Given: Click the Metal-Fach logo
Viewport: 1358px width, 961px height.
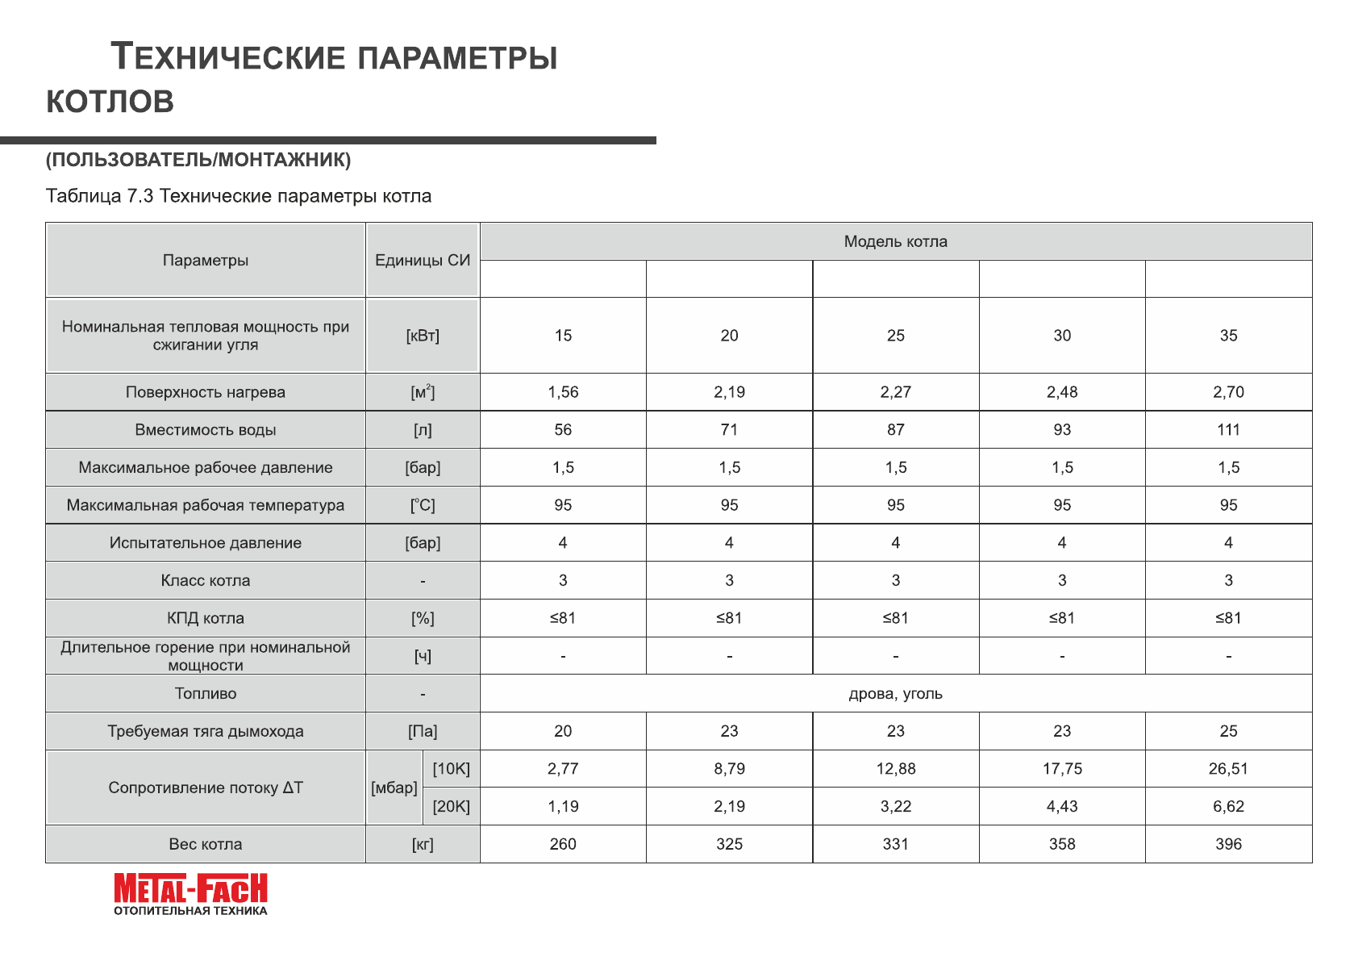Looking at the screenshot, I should coord(190,893).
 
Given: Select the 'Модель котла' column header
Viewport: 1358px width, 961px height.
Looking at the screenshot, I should coord(895,241).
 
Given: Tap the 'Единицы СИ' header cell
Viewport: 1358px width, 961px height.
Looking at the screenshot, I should coord(423,260).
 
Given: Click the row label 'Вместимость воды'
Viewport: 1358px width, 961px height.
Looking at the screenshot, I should coord(206,430).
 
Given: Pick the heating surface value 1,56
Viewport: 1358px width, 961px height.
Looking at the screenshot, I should coord(563,392).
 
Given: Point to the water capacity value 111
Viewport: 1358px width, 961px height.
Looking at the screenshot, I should coord(1228,430).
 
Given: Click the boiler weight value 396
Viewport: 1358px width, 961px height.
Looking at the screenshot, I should coord(1228,844).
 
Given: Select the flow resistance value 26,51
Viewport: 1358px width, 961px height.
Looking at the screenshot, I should coord(1228,769).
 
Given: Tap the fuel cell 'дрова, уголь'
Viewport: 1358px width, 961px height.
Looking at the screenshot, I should coord(895,694).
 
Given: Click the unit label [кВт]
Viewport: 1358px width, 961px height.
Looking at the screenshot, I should coord(423,336).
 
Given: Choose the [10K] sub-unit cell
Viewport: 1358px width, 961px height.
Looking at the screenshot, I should coord(451,769).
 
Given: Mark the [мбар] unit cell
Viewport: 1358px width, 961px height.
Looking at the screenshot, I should coord(394,788).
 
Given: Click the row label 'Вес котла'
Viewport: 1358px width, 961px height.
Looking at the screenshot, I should coord(206,844).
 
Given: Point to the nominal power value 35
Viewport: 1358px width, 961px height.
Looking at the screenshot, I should coord(1228,336).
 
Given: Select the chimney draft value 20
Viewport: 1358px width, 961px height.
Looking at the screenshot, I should coord(563,731).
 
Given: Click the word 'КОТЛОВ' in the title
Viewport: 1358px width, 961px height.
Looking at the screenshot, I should coord(110,102).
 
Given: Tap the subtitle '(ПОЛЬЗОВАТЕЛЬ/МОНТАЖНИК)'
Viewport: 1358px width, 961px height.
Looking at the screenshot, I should coord(198,160).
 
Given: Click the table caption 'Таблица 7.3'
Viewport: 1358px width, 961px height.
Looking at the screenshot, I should coord(99,196).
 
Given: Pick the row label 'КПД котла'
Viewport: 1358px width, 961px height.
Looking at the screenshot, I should coord(206,618).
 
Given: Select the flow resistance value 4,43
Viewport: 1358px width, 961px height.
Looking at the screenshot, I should coord(1062,806).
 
